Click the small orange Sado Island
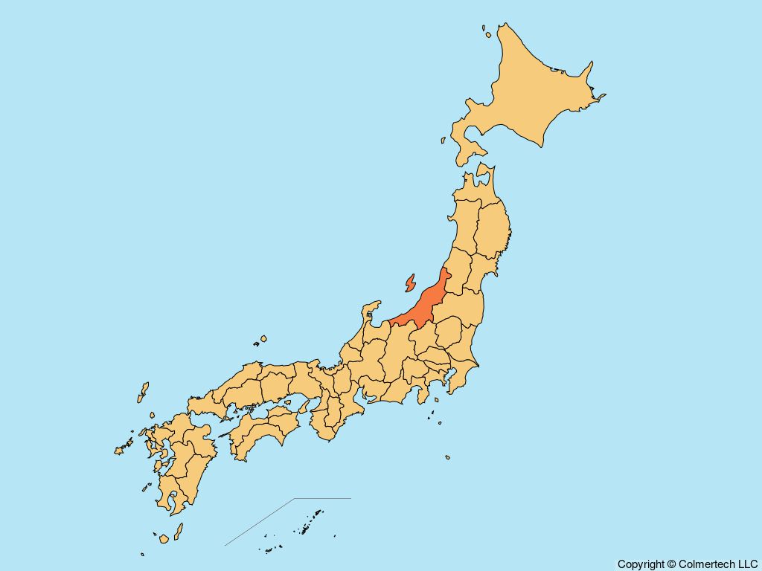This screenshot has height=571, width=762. [x=409, y=283]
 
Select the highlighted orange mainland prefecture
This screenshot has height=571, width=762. [x=424, y=305]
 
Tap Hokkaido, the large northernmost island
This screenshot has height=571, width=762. [x=528, y=89]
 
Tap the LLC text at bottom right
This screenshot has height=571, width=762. [x=746, y=564]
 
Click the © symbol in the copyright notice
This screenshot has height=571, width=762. [x=671, y=564]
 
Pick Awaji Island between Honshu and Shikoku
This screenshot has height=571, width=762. [x=304, y=406]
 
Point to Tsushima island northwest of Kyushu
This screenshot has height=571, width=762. [x=143, y=392]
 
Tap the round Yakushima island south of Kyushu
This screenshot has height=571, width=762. [x=164, y=538]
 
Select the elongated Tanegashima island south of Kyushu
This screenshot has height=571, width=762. [x=179, y=531]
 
